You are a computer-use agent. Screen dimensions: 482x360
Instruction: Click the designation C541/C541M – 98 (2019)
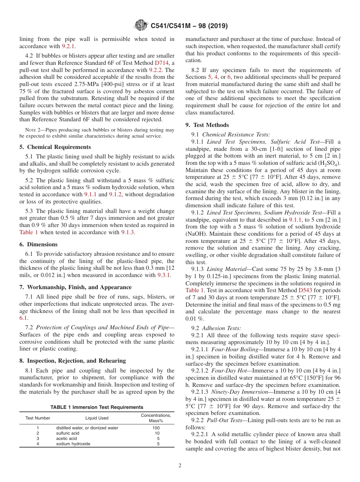click(x=189, y=26)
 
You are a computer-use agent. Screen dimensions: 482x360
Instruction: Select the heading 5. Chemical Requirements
click(x=55, y=147)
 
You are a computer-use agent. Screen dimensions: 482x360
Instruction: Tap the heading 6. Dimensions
click(x=39, y=244)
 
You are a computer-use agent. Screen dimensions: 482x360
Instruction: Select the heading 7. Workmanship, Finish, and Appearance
click(x=75, y=287)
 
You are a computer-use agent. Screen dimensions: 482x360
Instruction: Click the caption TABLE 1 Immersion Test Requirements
click(x=97, y=407)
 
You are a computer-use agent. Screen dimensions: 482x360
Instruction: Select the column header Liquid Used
click(x=97, y=418)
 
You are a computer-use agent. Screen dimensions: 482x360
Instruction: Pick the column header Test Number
click(x=38, y=418)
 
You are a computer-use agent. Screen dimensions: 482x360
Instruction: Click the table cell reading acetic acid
click(x=66, y=438)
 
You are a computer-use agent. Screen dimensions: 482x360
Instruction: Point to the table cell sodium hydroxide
click(x=73, y=444)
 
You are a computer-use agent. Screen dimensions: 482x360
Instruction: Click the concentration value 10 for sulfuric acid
click(x=157, y=433)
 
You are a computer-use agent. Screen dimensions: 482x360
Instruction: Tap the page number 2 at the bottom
click(x=180, y=466)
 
